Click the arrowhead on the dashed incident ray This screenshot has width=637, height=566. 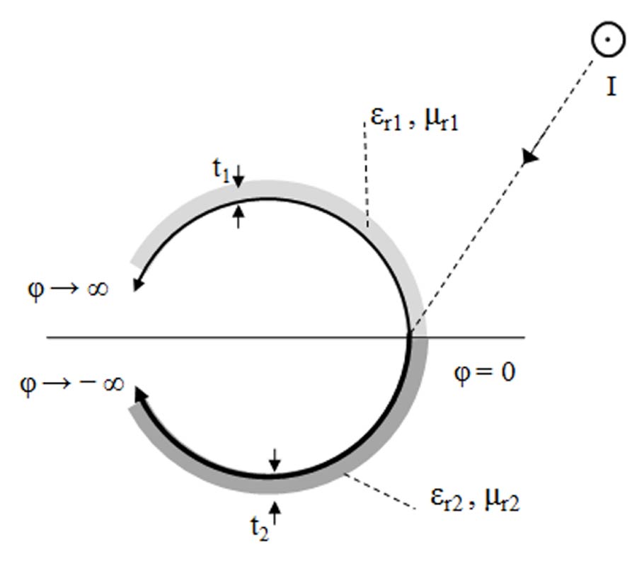tap(529, 158)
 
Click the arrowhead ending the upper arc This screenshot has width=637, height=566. tap(138, 284)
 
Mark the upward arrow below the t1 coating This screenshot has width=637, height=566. tap(239, 214)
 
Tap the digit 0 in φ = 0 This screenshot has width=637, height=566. tap(507, 371)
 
